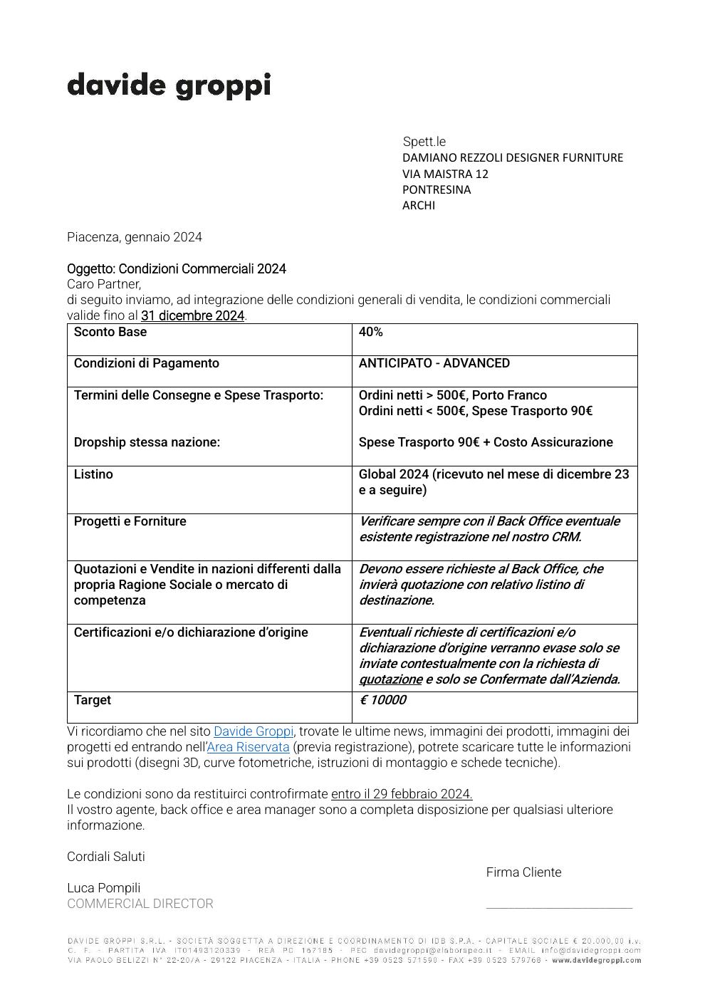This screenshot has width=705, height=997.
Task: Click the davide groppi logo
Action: [169, 85]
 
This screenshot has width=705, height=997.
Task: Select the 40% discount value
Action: [370, 332]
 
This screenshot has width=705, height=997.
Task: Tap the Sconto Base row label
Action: [110, 332]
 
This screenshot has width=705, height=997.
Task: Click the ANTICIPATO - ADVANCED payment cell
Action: [434, 363]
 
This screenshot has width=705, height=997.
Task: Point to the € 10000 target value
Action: [382, 700]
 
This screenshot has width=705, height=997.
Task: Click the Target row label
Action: [93, 700]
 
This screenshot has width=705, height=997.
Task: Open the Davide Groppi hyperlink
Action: [254, 731]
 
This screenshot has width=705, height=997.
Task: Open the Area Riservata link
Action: [249, 747]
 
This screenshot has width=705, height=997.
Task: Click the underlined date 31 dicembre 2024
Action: [192, 315]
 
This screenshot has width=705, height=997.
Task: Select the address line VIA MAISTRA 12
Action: [445, 174]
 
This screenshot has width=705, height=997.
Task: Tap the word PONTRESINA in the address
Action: [437, 189]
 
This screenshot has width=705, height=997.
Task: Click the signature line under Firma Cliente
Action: [559, 907]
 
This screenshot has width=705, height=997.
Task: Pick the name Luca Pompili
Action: [104, 888]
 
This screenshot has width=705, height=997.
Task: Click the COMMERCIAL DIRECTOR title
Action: [140, 904]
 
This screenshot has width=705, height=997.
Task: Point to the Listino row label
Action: [93, 474]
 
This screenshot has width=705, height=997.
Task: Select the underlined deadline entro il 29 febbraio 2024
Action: [402, 794]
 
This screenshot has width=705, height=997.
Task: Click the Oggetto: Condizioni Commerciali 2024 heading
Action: [177, 268]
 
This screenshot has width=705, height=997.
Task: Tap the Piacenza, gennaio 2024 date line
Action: [135, 237]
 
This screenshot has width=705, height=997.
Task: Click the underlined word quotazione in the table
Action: [390, 679]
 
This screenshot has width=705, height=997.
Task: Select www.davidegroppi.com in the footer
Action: [596, 960]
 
